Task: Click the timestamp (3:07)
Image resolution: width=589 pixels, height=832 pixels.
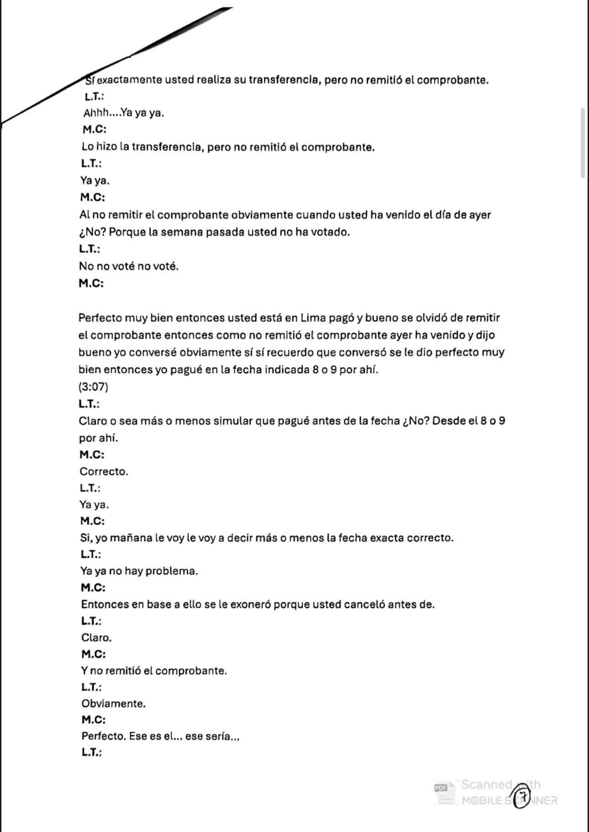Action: (x=93, y=387)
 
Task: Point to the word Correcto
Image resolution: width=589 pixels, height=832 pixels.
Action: (x=104, y=471)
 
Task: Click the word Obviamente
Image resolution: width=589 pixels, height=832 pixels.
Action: (x=113, y=703)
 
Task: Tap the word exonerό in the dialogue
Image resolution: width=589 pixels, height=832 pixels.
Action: (x=251, y=604)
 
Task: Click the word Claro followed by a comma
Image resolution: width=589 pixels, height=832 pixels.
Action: (x=96, y=638)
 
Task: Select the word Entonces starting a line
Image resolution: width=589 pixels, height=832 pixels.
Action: (x=105, y=604)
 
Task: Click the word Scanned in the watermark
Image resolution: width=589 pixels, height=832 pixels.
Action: (x=487, y=785)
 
